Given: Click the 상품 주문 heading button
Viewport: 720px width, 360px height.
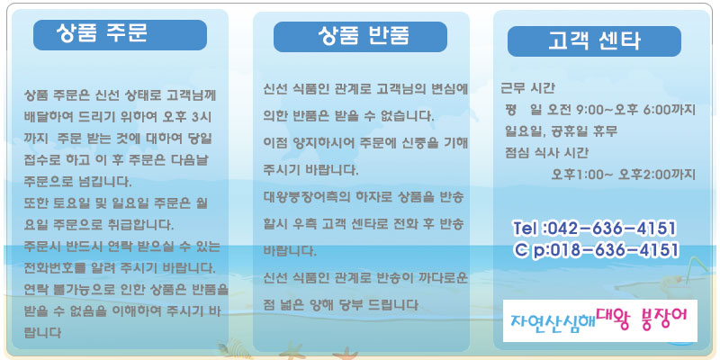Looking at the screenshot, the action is point(120,35).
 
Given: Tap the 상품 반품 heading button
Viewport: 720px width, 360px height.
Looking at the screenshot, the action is point(361,37).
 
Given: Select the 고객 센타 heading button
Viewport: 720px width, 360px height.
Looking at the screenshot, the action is point(594,41).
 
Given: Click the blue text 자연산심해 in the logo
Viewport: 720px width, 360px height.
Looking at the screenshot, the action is point(553,321).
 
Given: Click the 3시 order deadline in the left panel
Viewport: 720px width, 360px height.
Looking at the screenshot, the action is point(201,117).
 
